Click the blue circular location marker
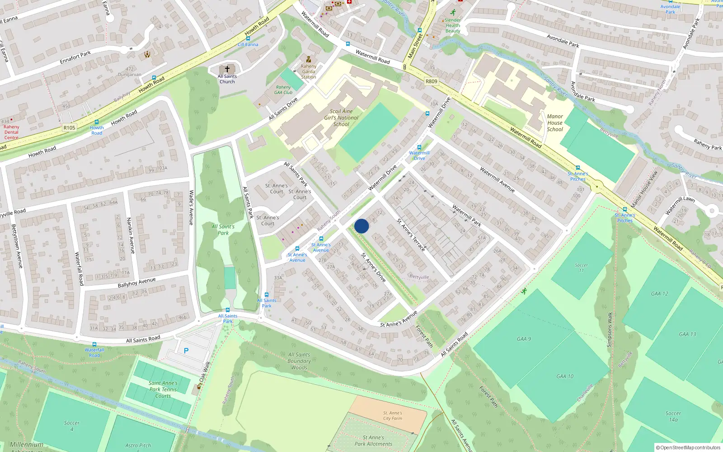361,226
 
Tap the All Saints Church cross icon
227,69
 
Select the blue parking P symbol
186,350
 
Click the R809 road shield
432,81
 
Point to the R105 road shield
69,128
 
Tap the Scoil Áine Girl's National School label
341,118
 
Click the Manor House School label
555,122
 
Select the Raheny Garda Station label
309,71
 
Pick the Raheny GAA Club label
283,90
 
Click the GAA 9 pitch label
524,339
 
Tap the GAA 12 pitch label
659,294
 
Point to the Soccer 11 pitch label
581,268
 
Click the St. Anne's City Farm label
392,415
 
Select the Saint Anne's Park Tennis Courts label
163,389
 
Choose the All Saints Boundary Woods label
299,361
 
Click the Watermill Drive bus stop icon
419,147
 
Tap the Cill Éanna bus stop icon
248,39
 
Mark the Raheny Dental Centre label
11,132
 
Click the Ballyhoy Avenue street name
136,282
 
